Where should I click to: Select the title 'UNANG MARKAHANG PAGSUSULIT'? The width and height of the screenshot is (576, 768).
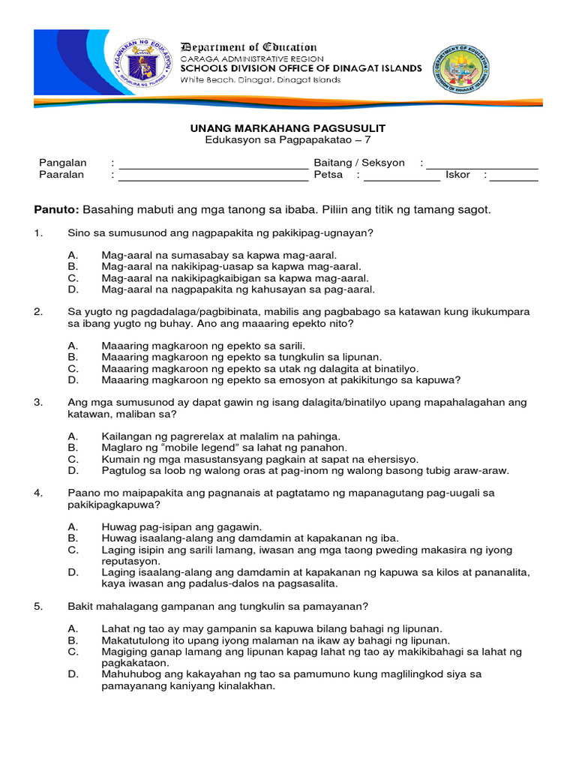(287, 129)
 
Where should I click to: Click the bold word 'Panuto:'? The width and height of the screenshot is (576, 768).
(57, 209)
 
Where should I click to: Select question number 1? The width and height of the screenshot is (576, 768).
(39, 233)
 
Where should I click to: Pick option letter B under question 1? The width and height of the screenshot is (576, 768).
(72, 266)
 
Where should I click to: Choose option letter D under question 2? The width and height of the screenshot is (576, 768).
(72, 379)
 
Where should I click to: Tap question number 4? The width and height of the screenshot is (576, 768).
(39, 493)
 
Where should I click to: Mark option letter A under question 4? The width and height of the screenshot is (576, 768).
(72, 526)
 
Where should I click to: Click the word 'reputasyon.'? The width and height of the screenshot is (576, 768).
(131, 560)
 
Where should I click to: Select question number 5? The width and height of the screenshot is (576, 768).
(39, 606)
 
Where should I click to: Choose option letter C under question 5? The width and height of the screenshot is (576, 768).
(72, 652)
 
